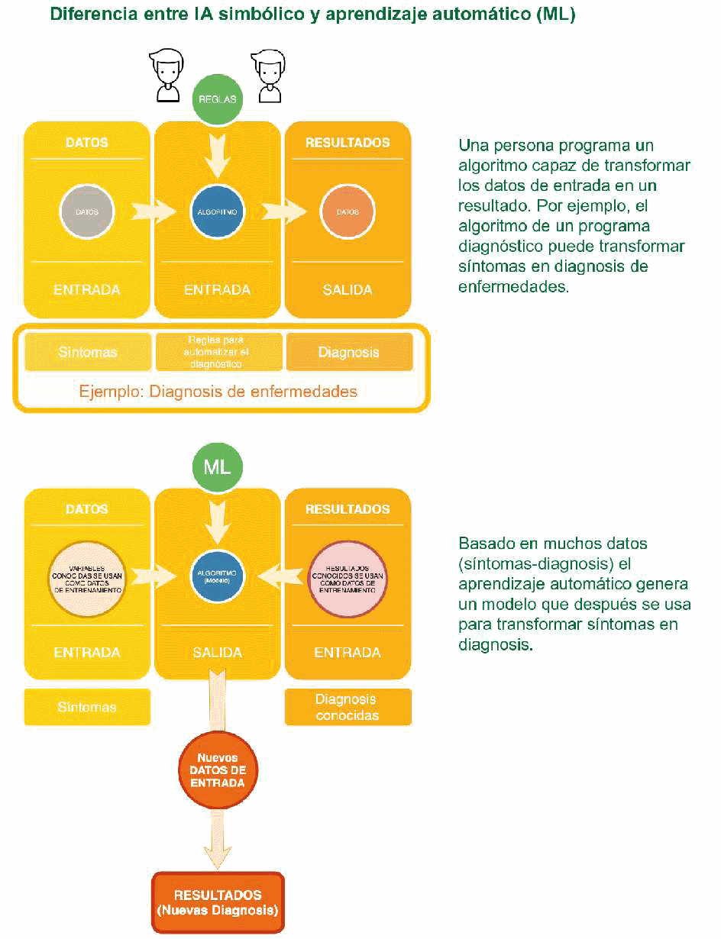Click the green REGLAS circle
pos(218,99)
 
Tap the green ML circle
pos(217,466)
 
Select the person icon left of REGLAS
pos(167,75)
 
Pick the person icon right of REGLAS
pos(268,75)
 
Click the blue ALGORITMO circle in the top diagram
pos(218,210)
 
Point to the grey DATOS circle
pos(87,210)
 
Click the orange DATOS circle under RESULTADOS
pos(348,210)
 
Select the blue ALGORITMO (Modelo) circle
pos(218,576)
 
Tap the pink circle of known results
pos(348,578)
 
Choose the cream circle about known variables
pos(87,578)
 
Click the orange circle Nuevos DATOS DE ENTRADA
pos(218,770)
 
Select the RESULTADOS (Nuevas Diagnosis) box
pos(218,902)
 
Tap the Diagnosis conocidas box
pos(348,707)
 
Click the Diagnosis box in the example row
pos(349,352)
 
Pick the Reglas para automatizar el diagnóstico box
pos(218,352)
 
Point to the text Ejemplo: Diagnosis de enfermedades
pos(218,392)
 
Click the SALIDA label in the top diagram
pos(348,290)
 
